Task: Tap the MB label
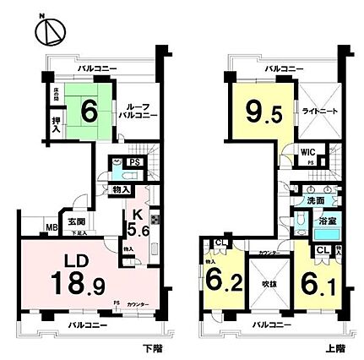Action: pyautogui.click(x=51, y=226)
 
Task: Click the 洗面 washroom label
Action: pyautogui.click(x=317, y=203)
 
